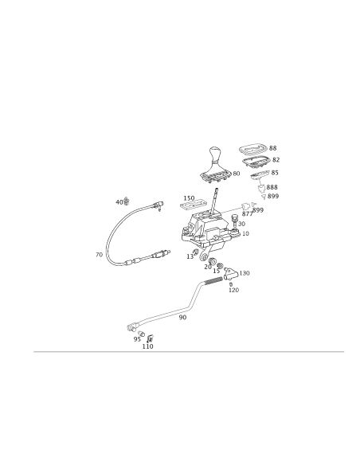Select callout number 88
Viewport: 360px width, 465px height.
273,148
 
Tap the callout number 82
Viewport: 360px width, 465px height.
276,159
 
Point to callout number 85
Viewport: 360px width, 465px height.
275,173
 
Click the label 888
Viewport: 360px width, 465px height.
272,187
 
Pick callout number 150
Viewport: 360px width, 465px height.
189,198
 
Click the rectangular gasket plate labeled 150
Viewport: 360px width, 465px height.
193,205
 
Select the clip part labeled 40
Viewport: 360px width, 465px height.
127,201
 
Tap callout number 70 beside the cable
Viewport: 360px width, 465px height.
99,255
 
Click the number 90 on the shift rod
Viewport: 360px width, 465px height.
182,318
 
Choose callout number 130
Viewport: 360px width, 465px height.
245,273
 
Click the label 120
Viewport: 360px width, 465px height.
233,290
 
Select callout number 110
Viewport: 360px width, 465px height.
147,346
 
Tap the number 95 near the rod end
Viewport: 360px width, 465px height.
137,339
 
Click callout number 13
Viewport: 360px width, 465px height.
190,257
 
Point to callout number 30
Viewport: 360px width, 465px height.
241,224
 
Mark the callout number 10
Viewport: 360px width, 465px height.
245,233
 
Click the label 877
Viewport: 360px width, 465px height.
247,214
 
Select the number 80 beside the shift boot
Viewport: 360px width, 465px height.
237,174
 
